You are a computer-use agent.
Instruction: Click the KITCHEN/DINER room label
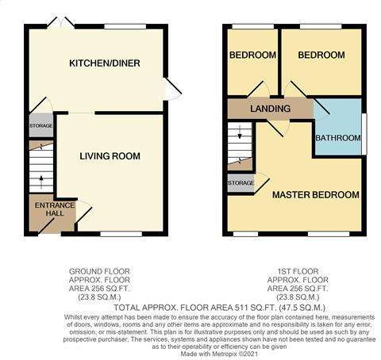(105, 63)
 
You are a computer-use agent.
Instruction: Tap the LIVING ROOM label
(110, 156)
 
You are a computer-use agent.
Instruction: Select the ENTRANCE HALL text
(55, 209)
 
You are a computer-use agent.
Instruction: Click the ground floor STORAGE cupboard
(41, 125)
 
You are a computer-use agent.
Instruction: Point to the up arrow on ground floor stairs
(41, 182)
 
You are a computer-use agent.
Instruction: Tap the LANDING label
(270, 109)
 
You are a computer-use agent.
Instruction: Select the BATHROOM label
(338, 138)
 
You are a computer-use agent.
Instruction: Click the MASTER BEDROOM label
(316, 195)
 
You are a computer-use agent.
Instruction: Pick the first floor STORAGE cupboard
(241, 183)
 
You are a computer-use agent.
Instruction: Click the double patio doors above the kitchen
(61, 22)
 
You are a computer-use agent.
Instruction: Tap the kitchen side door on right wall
(172, 89)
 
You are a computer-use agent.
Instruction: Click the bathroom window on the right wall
(364, 134)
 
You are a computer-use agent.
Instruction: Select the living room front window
(121, 234)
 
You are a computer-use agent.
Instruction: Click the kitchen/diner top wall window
(125, 26)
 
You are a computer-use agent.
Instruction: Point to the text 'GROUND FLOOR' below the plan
(99, 271)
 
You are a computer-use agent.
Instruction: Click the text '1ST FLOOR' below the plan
(298, 271)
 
